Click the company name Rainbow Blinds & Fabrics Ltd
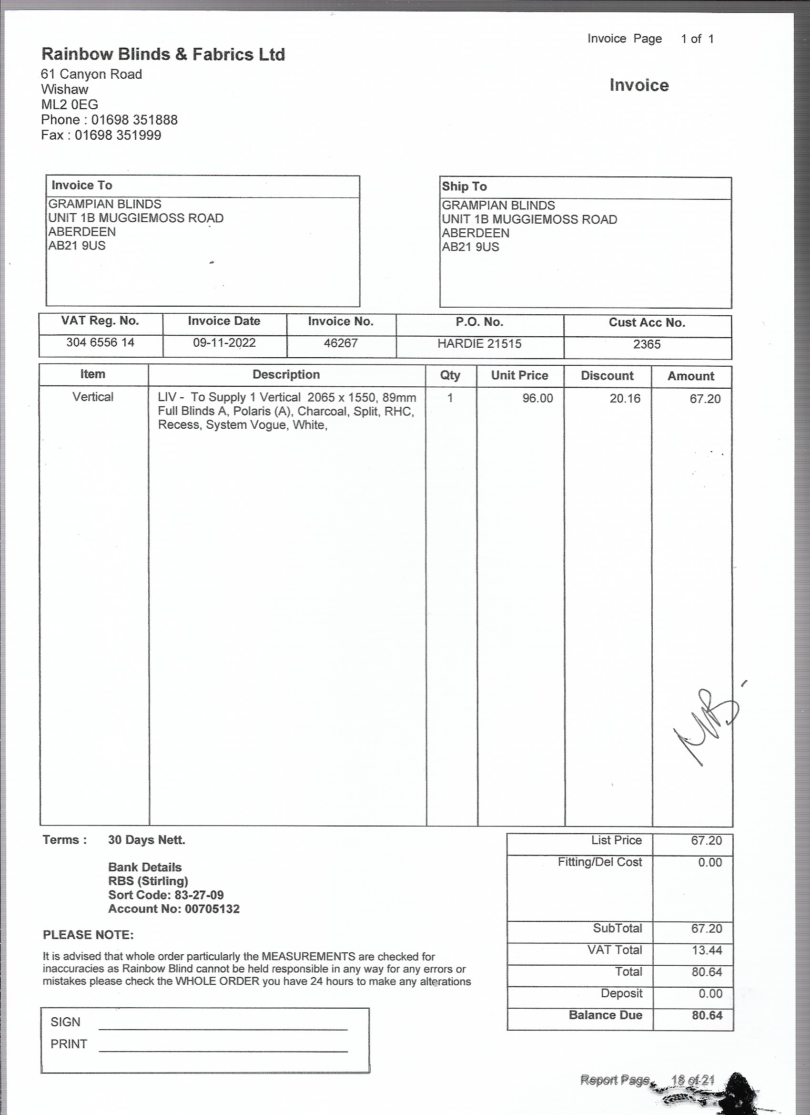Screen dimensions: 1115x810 point(163,54)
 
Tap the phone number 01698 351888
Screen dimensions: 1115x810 point(134,120)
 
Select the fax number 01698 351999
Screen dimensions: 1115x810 point(118,135)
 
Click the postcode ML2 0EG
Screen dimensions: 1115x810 point(69,105)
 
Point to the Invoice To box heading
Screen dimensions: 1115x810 point(82,186)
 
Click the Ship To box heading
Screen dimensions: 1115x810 point(464,186)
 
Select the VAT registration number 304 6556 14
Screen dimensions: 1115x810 point(100,342)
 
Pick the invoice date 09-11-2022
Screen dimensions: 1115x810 point(224,343)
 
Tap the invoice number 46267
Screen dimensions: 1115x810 point(341,343)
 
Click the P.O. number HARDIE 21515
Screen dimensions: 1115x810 point(479,344)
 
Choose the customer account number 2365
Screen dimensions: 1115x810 point(647,344)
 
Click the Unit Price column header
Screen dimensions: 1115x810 point(520,376)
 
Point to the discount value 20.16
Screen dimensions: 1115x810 point(625,399)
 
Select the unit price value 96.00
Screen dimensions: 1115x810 point(537,398)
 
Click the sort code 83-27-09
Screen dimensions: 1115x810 point(199,895)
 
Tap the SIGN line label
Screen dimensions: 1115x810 point(65,1022)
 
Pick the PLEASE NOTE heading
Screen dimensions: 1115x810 point(88,935)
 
